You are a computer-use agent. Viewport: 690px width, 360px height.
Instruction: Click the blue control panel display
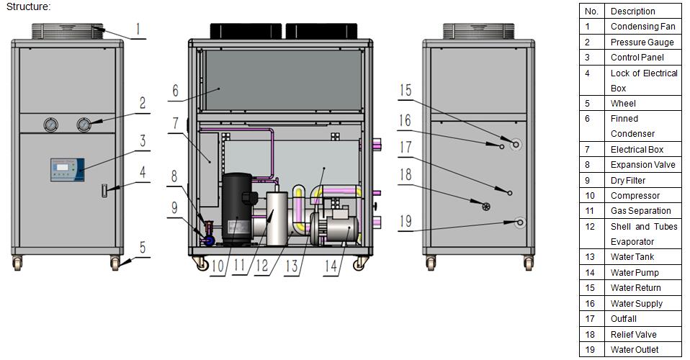[67, 170]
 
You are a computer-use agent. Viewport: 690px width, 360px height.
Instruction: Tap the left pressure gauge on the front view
[51, 125]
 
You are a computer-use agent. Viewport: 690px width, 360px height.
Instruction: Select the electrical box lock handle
[104, 191]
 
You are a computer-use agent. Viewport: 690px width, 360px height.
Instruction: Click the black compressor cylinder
[237, 209]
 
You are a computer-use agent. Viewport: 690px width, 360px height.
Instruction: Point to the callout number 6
[176, 91]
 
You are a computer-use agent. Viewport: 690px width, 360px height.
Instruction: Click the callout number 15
[406, 90]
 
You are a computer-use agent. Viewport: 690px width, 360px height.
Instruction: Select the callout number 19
[406, 221]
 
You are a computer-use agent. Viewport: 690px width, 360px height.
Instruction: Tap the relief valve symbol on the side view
[486, 207]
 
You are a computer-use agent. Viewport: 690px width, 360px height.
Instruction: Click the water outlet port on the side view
[520, 222]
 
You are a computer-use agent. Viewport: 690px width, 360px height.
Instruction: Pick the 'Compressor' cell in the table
[635, 195]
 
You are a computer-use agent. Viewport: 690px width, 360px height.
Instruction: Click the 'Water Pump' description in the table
[635, 272]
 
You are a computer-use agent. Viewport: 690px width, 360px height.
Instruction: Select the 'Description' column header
[633, 12]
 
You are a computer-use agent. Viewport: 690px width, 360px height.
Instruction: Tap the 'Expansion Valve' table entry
[642, 165]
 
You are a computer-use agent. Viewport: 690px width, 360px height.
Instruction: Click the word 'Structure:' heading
[29, 6]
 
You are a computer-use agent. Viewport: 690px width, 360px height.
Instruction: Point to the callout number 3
[143, 141]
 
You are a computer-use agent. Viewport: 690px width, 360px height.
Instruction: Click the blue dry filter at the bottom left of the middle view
[207, 240]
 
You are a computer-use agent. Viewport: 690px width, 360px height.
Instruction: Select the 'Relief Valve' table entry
[633, 335]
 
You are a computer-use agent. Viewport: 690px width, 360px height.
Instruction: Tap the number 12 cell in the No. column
[590, 227]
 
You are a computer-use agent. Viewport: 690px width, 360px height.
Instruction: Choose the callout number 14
[331, 266]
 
